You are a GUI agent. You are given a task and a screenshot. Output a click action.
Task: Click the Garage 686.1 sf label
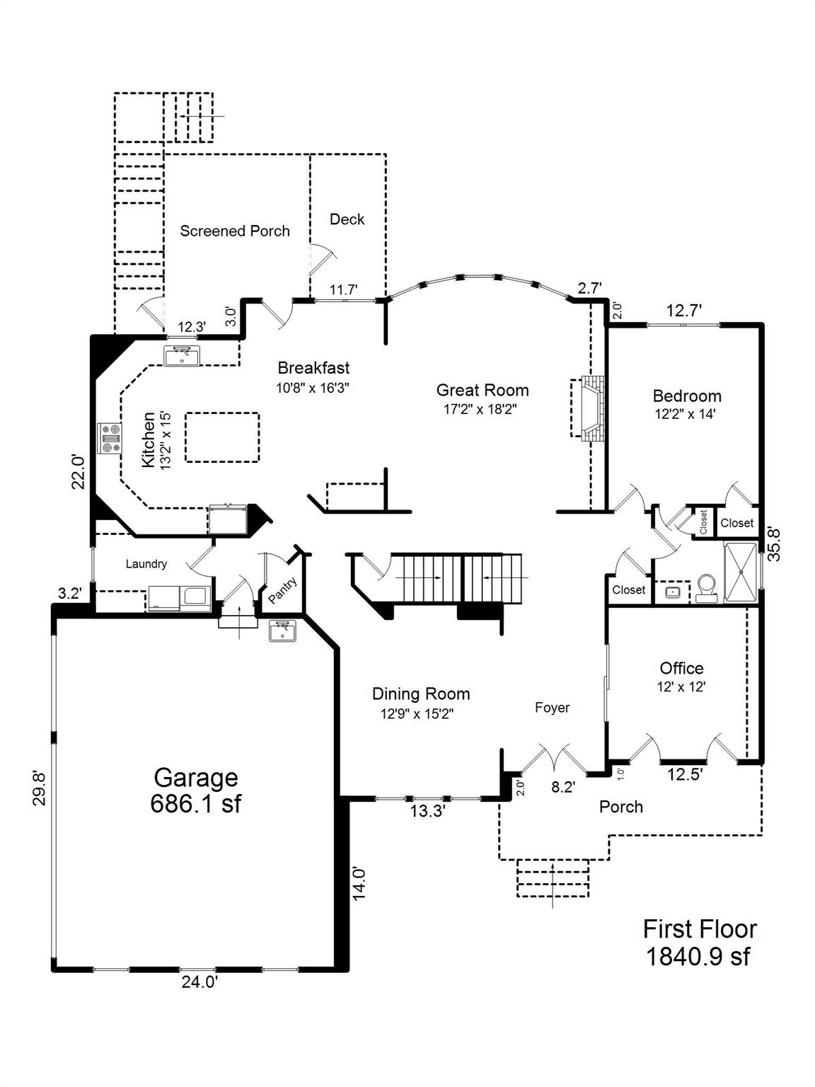(x=195, y=790)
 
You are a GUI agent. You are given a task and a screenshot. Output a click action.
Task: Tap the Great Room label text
(x=482, y=390)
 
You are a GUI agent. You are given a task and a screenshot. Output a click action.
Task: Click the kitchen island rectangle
(x=222, y=437)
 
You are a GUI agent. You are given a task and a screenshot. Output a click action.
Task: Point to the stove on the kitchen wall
(x=110, y=437)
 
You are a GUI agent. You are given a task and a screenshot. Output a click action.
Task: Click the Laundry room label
(x=146, y=564)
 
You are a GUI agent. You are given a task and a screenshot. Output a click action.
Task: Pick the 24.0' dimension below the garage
(x=199, y=982)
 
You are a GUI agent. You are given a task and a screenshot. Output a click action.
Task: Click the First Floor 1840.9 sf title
(x=699, y=943)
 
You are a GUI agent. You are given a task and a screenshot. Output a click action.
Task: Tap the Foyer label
(x=552, y=708)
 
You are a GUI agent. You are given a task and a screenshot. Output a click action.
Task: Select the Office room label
(x=681, y=668)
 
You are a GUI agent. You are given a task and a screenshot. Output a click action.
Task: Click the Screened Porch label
(x=235, y=231)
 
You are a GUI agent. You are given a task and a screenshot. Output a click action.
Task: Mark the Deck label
(x=347, y=219)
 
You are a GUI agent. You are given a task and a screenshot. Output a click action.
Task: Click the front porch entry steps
(x=553, y=878)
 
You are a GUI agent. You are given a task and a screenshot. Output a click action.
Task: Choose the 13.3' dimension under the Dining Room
(x=427, y=812)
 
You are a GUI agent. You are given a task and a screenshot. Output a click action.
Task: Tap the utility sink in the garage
(x=284, y=631)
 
